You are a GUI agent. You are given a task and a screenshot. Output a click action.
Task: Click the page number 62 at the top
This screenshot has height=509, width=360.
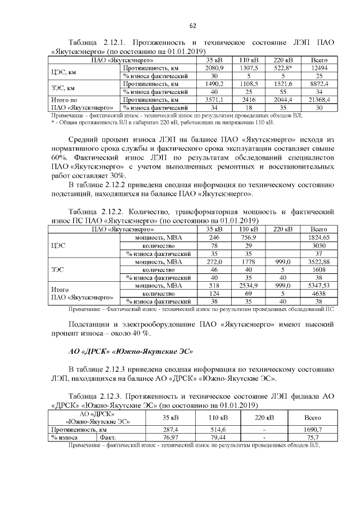(x=192, y=26)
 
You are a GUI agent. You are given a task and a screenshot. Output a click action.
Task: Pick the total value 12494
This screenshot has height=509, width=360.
(x=319, y=67)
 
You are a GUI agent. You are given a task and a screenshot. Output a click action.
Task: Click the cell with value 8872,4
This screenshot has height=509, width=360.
(x=319, y=83)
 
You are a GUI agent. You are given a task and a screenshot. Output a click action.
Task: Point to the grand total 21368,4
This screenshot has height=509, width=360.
(x=319, y=99)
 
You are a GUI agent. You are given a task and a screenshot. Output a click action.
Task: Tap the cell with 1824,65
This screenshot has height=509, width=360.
(x=319, y=238)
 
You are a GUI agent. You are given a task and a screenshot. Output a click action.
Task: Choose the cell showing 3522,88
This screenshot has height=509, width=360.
(x=319, y=262)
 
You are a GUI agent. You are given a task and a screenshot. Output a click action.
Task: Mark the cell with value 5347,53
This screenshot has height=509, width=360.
(x=319, y=286)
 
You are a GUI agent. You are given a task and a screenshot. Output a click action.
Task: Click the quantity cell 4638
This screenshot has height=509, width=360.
(x=319, y=294)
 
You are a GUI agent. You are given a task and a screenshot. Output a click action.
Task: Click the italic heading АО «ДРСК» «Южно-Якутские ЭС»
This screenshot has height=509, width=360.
(x=130, y=352)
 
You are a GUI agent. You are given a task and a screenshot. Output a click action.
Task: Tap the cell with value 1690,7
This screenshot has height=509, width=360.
(x=313, y=429)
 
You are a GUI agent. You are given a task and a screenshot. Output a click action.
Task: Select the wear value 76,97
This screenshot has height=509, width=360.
(x=170, y=436)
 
